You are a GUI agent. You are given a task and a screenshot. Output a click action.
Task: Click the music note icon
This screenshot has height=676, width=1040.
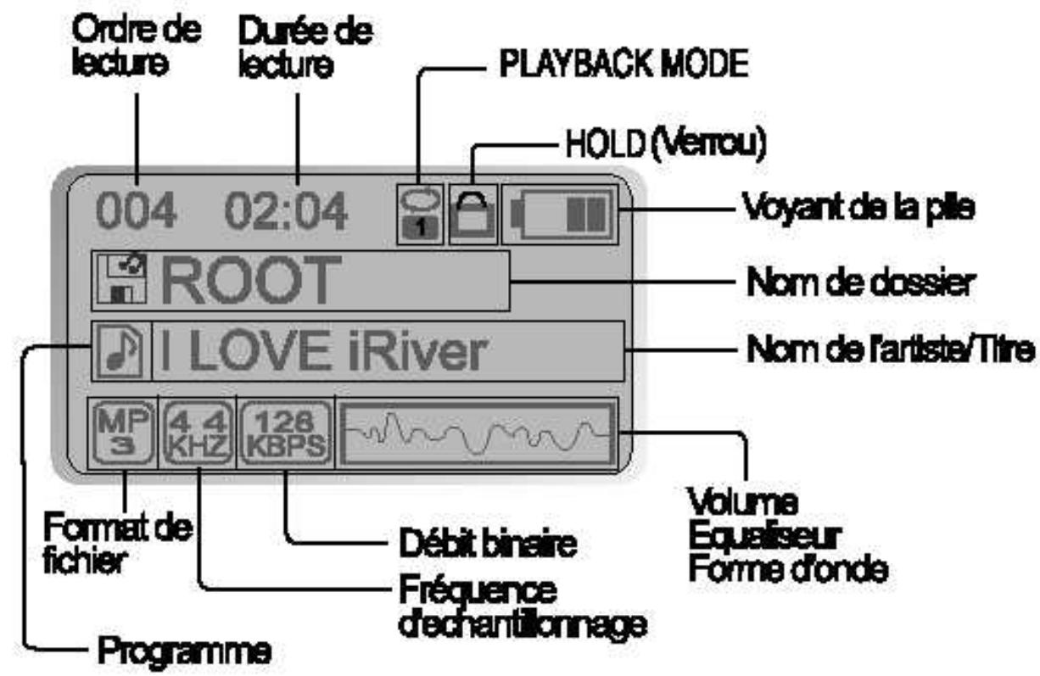(x=120, y=352)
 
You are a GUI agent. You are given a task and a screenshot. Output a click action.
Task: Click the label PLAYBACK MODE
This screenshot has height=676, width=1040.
(x=614, y=67)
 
